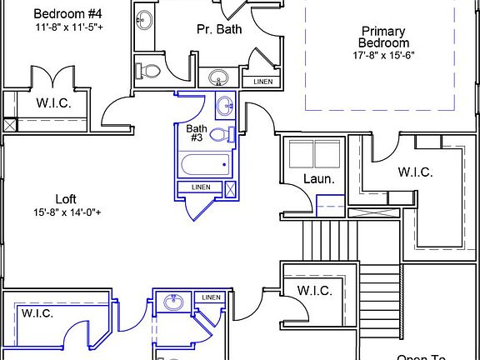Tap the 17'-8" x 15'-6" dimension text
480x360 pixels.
click(x=383, y=55)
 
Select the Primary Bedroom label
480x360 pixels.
click(x=383, y=37)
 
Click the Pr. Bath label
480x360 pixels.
click(x=213, y=28)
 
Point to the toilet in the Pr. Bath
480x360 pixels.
click(x=148, y=72)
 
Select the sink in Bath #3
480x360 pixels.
click(x=224, y=107)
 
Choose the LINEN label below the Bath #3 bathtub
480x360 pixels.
click(x=200, y=187)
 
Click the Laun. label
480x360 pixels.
click(x=317, y=178)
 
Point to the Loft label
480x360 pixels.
click(x=66, y=198)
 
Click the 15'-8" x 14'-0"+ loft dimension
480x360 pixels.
click(x=68, y=212)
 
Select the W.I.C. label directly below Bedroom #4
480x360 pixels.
click(x=52, y=105)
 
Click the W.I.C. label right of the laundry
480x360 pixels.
click(x=415, y=172)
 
